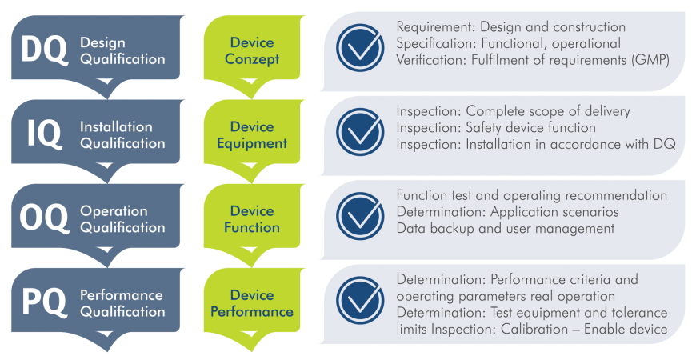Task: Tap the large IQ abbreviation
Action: click(x=44, y=134)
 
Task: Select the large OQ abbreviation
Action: click(x=44, y=219)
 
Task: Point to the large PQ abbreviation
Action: click(x=43, y=303)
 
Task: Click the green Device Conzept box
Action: click(x=252, y=50)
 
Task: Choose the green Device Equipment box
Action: click(x=252, y=135)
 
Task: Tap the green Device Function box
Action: click(x=252, y=219)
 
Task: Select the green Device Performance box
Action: click(x=252, y=303)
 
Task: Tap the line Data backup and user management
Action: click(x=505, y=228)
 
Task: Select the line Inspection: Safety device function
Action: click(x=496, y=128)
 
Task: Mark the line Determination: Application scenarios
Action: click(x=508, y=212)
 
